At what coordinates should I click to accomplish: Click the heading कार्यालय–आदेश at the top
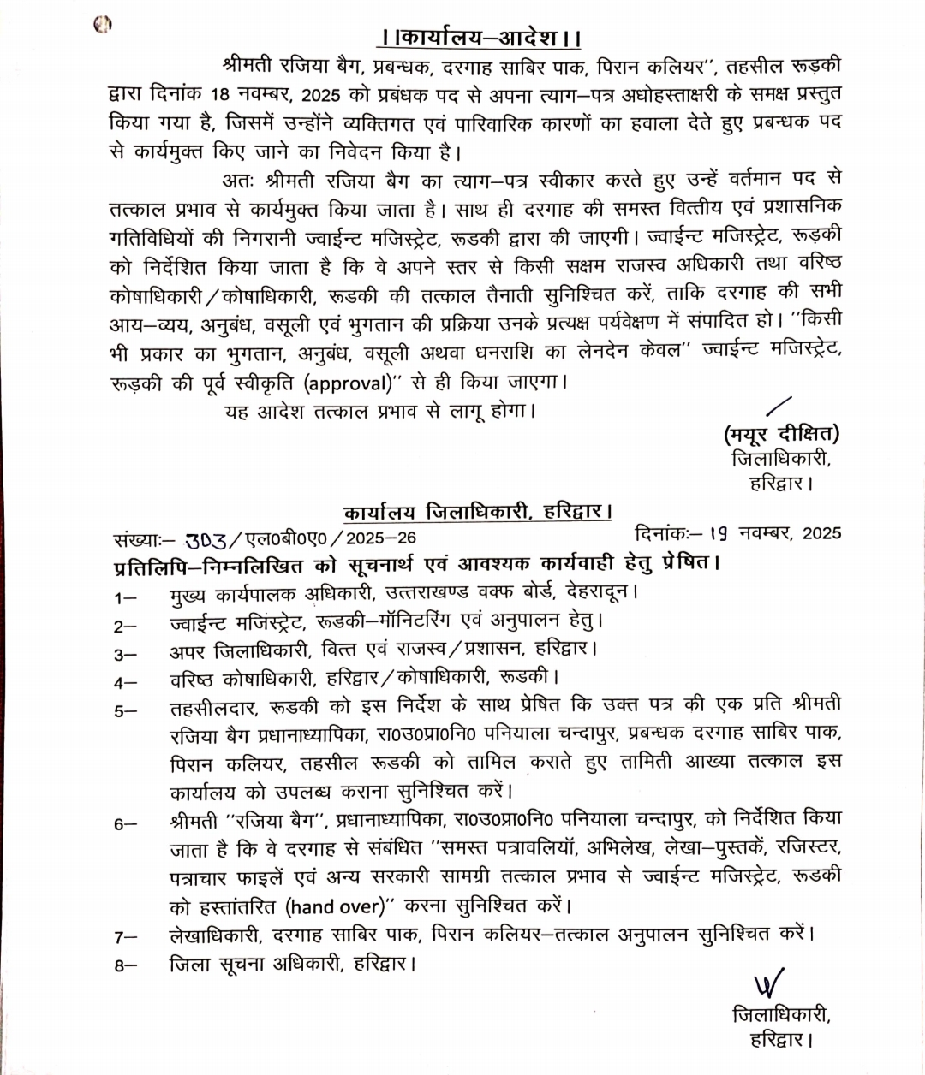(480, 39)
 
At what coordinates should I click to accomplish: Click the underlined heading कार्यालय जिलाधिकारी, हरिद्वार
(478, 513)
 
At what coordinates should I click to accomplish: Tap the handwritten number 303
(206, 538)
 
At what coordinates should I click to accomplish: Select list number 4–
(125, 682)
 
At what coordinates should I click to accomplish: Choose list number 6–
(125, 824)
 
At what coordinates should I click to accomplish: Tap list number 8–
(125, 965)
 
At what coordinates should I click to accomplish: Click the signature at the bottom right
(768, 984)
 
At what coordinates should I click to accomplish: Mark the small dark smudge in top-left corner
(103, 26)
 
